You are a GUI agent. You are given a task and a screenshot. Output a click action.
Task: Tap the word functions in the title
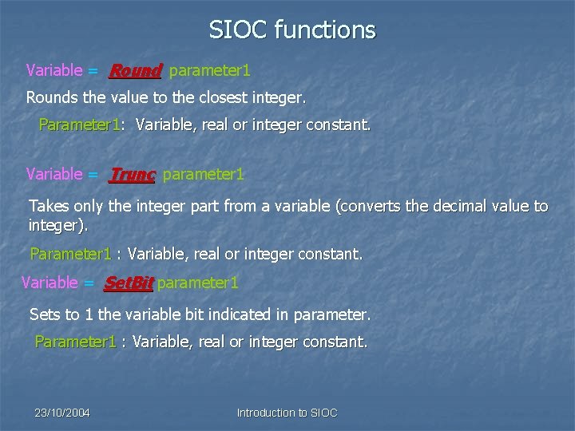tap(324, 30)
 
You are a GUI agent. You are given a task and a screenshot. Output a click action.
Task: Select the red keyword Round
tap(135, 71)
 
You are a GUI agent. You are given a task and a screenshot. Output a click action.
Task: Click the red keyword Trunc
tap(132, 174)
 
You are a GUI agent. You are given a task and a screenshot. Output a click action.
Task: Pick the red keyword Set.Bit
tap(129, 283)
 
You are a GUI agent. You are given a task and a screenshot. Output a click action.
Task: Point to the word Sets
tap(45, 314)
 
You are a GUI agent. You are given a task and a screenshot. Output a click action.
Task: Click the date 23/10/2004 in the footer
tap(62, 413)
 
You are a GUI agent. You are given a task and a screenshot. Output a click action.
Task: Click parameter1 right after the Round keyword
tap(210, 71)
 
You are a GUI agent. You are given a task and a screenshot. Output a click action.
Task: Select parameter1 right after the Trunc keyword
tap(204, 174)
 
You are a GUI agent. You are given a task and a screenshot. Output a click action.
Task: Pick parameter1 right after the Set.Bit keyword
tap(198, 283)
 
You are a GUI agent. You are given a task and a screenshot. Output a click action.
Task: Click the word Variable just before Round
tap(54, 71)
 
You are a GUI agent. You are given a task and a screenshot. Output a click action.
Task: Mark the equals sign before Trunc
tap(93, 174)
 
